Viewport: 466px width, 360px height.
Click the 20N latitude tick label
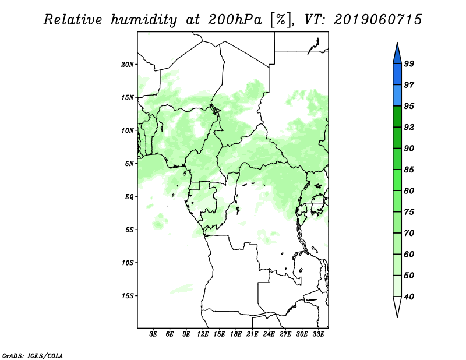pyautogui.click(x=128, y=65)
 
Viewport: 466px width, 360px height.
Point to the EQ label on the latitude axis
pyautogui.click(x=129, y=197)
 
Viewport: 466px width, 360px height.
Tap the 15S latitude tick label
pyautogui.click(x=128, y=296)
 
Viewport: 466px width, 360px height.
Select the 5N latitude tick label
pyautogui.click(x=129, y=164)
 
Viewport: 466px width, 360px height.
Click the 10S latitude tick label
pyautogui.click(x=128, y=263)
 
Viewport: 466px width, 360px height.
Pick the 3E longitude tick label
pyautogui.click(x=153, y=334)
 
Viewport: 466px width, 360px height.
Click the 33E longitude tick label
pyautogui.click(x=318, y=334)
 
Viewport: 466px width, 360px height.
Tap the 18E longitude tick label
pyautogui.click(x=236, y=334)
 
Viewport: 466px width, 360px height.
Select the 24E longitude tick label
pyautogui.click(x=269, y=334)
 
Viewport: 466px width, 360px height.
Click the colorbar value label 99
pyautogui.click(x=409, y=63)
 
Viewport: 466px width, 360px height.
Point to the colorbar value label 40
pyautogui.click(x=409, y=297)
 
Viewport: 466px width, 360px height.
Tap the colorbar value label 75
pyautogui.click(x=409, y=212)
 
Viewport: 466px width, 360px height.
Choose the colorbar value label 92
pyautogui.click(x=409, y=127)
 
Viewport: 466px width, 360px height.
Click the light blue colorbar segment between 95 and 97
pyautogui.click(x=397, y=96)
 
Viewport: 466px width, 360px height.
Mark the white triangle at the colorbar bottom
pyautogui.click(x=397, y=306)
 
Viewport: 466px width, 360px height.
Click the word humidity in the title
pyautogui.click(x=144, y=20)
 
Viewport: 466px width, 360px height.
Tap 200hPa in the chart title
pyautogui.click(x=235, y=20)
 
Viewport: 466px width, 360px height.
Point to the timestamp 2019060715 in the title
pyautogui.click(x=377, y=20)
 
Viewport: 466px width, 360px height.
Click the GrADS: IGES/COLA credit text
pyautogui.click(x=33, y=356)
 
